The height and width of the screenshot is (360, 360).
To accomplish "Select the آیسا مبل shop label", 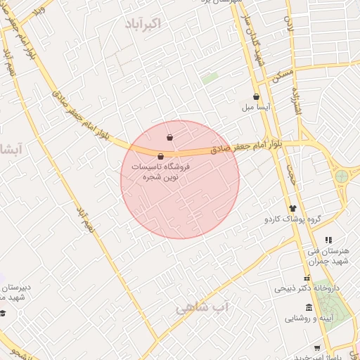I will pos(257,108).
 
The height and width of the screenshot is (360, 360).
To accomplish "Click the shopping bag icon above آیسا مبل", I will pos(256,97).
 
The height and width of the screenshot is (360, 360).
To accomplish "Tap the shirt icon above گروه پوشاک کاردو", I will pos(292,208).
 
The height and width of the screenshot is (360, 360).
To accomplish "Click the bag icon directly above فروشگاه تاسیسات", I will pos(161,156).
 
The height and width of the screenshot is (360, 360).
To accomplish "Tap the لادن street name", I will pos(288,26).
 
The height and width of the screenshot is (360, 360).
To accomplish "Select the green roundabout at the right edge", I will pos(342,176).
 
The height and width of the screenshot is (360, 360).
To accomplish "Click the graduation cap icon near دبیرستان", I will pos(3,313).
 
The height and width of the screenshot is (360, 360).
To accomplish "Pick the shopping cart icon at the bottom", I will pos(317,348).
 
